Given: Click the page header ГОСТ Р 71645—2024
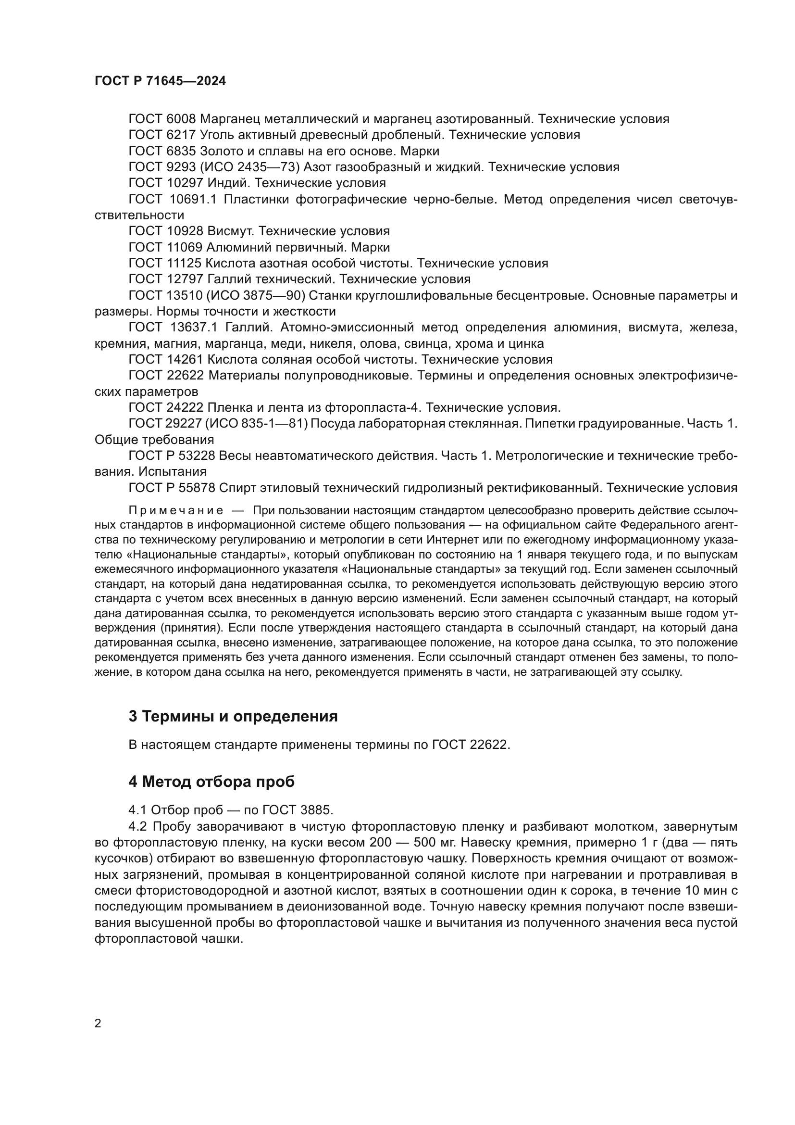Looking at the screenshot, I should pos(160,81).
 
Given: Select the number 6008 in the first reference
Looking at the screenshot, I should pos(181,119).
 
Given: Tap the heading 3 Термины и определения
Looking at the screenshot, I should pos(233,716).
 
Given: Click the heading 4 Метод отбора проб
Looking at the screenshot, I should pos(211,782).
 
